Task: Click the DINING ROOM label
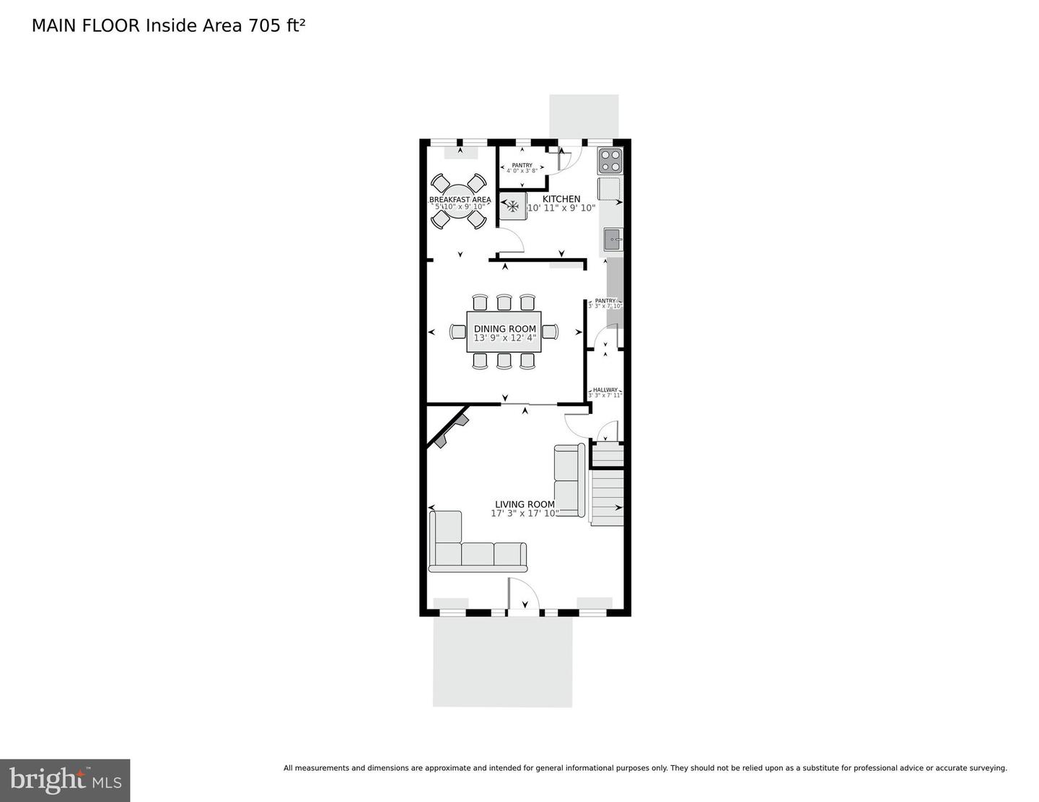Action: pyautogui.click(x=504, y=329)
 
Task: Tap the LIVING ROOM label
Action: pyautogui.click(x=525, y=505)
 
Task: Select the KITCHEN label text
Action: pyautogui.click(x=561, y=199)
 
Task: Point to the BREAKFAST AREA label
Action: pyautogui.click(x=460, y=200)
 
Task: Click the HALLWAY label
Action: pyautogui.click(x=605, y=390)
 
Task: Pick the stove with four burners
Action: pyautogui.click(x=610, y=160)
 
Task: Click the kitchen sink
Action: pyautogui.click(x=613, y=239)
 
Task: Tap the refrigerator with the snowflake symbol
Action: pyautogui.click(x=513, y=207)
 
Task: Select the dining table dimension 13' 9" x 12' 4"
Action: pyautogui.click(x=504, y=338)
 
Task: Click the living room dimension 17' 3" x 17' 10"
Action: pyautogui.click(x=525, y=514)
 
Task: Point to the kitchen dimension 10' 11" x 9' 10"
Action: pyautogui.click(x=561, y=208)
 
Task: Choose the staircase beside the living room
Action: pyautogui.click(x=607, y=497)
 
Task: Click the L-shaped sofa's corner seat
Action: pyautogui.click(x=446, y=554)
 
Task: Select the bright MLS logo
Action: pyautogui.click(x=65, y=780)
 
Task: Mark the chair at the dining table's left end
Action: pyautogui.click(x=458, y=332)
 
